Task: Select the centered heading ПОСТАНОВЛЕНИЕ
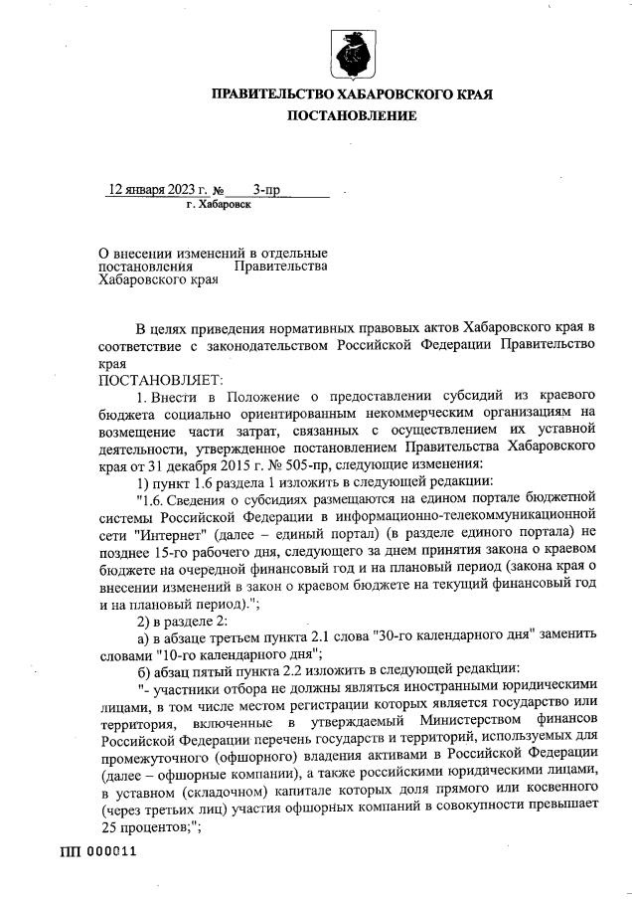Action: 352,116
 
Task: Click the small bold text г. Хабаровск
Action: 219,203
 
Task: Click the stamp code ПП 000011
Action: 97,852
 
